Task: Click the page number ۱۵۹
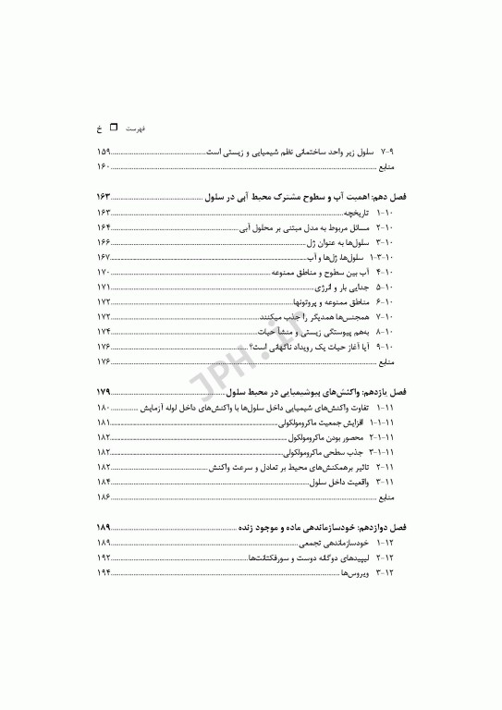103,152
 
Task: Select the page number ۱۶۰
103,166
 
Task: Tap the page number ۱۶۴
103,227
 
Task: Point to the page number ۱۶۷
103,257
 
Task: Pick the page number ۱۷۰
103,273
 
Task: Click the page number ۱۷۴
103,331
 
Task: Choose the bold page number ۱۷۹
103,392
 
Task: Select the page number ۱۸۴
103,482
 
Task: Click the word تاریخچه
353,213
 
